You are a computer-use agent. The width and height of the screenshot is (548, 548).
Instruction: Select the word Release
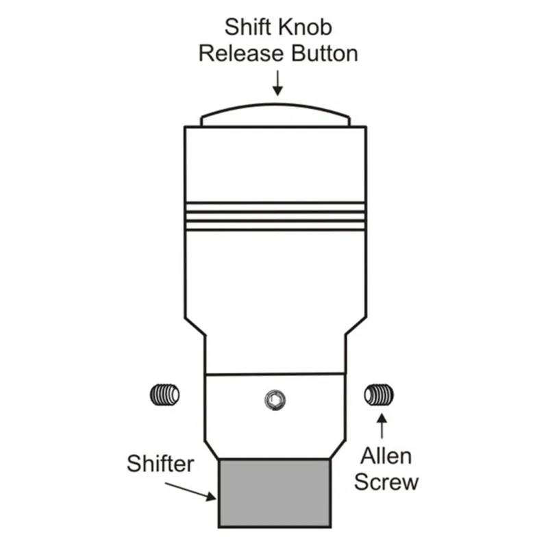coord(241,53)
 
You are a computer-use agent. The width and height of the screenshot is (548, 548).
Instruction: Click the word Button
coord(325,53)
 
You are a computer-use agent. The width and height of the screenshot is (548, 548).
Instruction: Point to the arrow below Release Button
coord(277,83)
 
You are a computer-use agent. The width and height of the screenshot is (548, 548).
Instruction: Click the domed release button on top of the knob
coord(275,105)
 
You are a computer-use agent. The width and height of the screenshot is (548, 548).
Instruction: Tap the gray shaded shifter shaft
coord(275,493)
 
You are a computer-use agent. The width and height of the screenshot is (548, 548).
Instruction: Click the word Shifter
coord(160,464)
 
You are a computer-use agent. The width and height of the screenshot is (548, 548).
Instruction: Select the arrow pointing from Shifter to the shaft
coord(190,491)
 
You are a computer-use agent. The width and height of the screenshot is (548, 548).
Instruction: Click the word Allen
coord(386,456)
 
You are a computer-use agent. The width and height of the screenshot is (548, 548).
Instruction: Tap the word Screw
coord(386,482)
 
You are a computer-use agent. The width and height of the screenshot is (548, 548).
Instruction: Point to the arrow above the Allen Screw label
coord(382,425)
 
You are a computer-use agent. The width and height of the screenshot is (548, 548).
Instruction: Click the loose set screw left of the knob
coord(164,395)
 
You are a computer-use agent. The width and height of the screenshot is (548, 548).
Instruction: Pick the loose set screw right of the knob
coord(379,395)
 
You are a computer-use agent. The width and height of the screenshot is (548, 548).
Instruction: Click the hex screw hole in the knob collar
coord(275,400)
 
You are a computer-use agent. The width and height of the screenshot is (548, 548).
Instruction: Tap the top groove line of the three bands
coord(275,203)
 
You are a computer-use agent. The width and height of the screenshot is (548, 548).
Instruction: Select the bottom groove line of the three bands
coord(275,230)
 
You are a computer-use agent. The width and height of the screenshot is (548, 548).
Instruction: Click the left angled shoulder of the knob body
coord(195,327)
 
